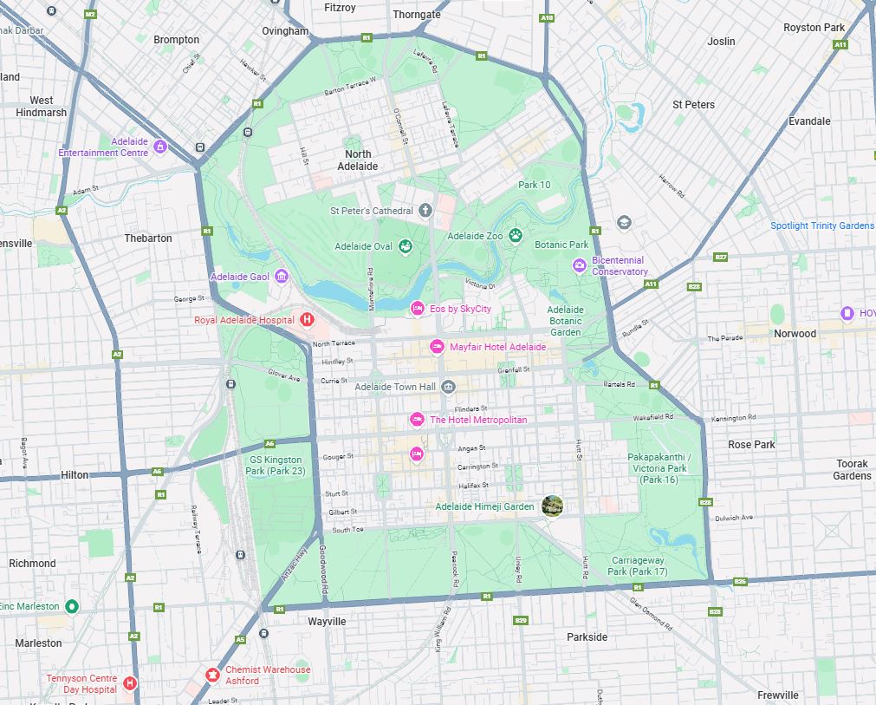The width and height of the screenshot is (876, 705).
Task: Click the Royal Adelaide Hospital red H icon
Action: [306, 320]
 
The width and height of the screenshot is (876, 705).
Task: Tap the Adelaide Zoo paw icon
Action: [516, 235]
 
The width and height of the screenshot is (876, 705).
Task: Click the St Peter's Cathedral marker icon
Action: [425, 210]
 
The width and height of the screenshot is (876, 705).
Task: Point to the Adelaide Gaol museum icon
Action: [281, 277]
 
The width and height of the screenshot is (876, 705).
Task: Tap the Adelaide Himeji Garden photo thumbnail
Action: [551, 506]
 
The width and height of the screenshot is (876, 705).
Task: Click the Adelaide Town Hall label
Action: [395, 387]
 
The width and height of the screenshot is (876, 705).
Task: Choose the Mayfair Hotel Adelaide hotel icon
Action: [438, 347]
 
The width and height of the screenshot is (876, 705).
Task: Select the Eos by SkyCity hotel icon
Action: [417, 309]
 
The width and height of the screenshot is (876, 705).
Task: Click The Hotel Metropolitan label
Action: [477, 420]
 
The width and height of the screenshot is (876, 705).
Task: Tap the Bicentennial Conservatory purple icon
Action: [579, 265]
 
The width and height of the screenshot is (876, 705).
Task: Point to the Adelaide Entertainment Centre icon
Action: [159, 147]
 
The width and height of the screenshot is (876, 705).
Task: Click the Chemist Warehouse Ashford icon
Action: [211, 675]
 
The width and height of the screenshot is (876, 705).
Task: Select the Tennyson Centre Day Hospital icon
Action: [130, 683]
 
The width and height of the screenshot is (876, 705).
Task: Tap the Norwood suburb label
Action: [795, 333]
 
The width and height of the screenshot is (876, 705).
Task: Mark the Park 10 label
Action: [534, 185]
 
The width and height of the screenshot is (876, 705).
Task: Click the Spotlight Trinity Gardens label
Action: [821, 225]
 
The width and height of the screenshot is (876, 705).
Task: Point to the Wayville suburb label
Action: [327, 622]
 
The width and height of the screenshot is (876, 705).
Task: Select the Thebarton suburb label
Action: [148, 238]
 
